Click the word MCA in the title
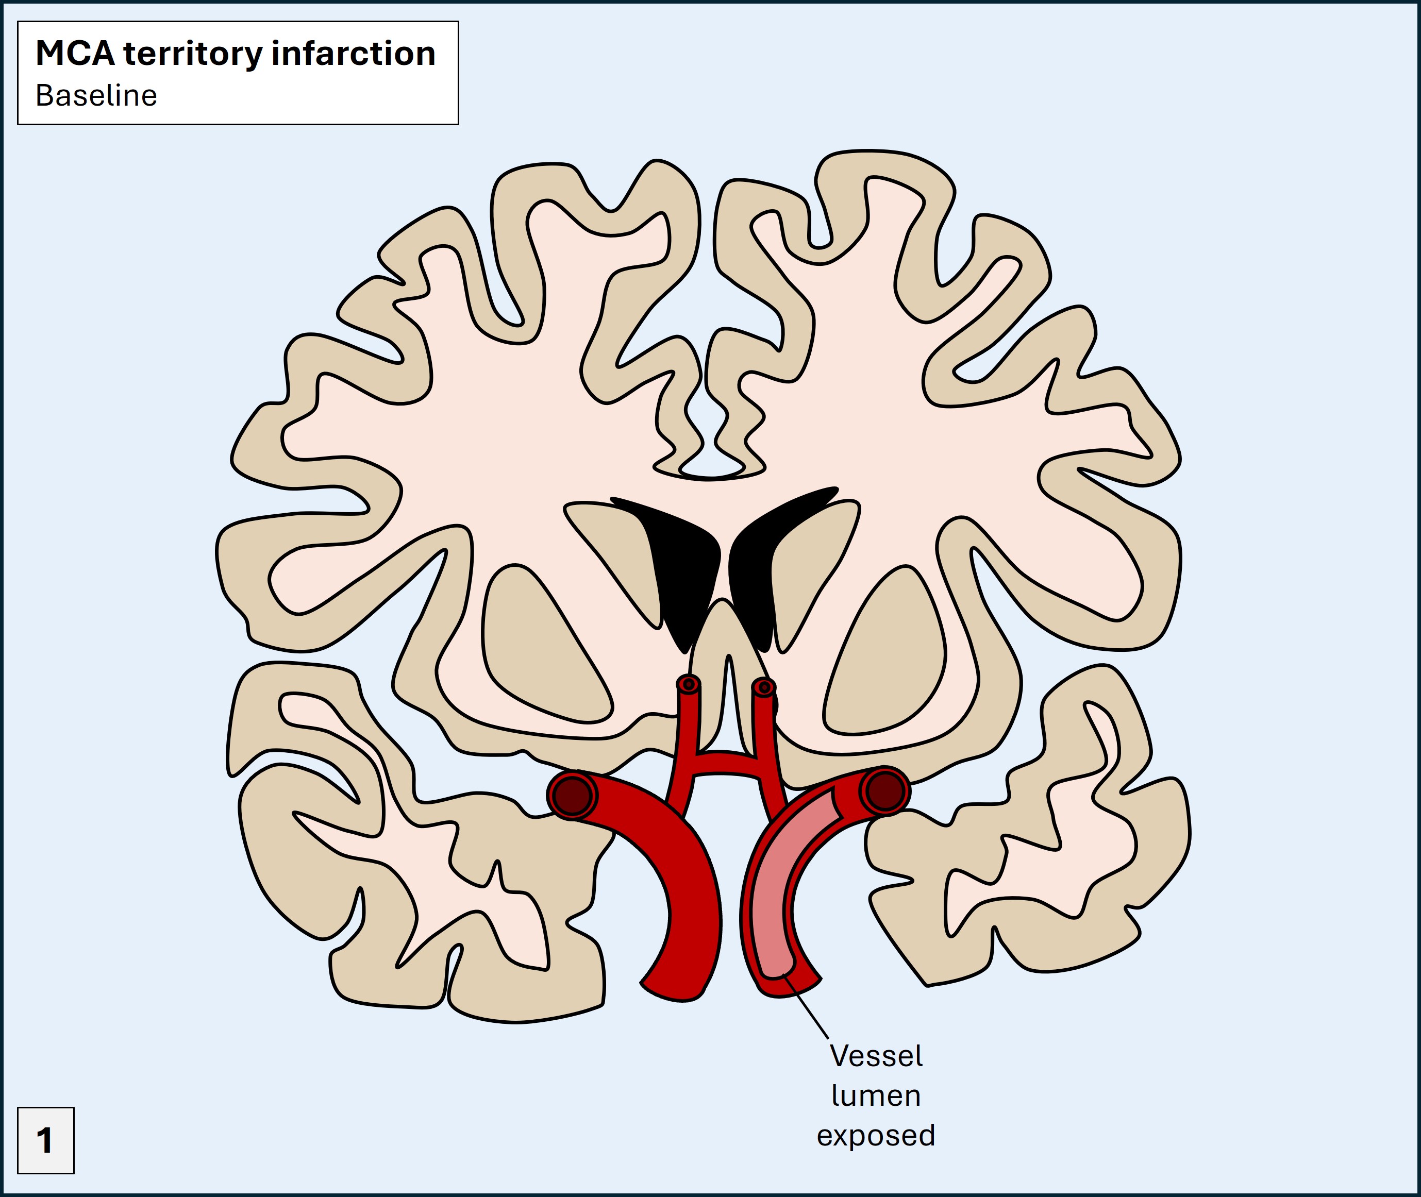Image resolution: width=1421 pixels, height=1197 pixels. pos(75,54)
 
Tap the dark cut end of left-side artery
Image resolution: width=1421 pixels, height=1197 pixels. pos(572,795)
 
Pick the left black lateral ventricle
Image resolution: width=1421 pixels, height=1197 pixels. pos(682,570)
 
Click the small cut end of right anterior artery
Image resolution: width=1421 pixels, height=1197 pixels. pos(764,687)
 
